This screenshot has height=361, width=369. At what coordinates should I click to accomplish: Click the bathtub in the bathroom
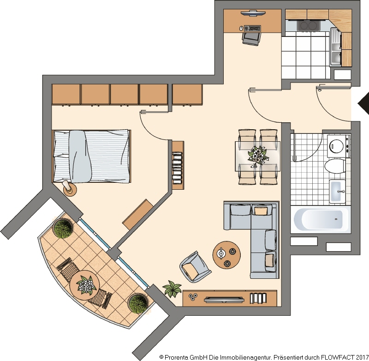click(x=321, y=219)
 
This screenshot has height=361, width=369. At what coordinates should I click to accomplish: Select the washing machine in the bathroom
click(x=339, y=146)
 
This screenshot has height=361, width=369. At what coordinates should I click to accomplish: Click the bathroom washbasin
click(x=337, y=191)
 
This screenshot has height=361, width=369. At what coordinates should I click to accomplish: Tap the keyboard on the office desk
click(x=252, y=28)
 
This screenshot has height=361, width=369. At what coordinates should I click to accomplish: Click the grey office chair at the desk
click(x=251, y=39)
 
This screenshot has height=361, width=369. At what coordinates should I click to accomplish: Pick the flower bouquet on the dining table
click(x=258, y=156)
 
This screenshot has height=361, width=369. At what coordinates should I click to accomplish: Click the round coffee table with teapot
click(x=226, y=254)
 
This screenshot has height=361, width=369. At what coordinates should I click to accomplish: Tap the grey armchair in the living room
click(x=195, y=267)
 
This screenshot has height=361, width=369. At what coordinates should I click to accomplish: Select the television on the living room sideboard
click(x=224, y=300)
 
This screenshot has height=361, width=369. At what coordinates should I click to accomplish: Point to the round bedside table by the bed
click(x=70, y=189)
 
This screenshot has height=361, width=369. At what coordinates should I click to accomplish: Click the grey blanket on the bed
click(x=79, y=156)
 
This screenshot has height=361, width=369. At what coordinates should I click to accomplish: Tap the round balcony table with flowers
click(x=84, y=285)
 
